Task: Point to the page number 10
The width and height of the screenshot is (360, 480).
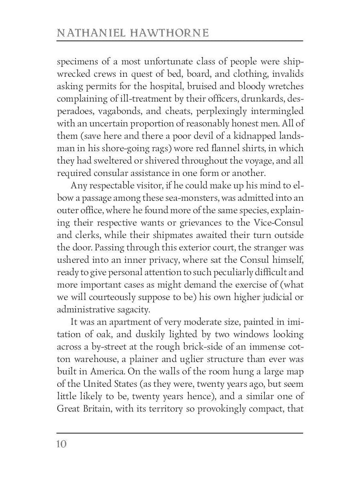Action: pos(62,444)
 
